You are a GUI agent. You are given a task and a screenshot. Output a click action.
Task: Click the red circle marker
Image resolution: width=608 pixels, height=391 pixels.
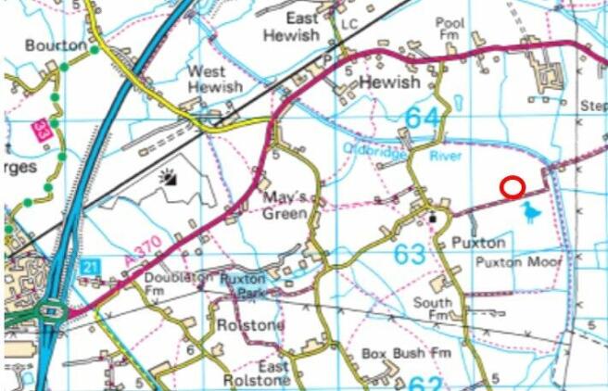512,188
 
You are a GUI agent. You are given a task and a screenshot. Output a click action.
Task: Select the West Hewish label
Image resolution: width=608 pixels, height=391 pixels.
215,80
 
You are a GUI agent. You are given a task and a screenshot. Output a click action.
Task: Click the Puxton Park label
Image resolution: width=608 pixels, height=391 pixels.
242,284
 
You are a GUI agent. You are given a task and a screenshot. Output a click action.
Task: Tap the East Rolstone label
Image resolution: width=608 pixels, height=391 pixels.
260,374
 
